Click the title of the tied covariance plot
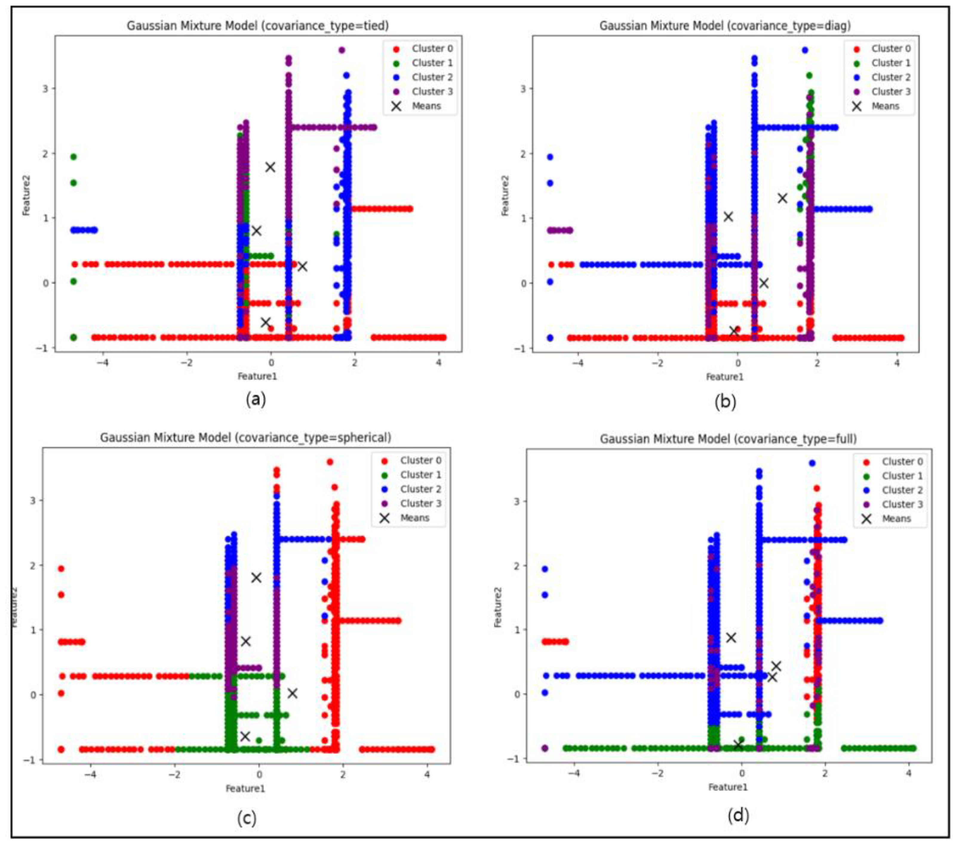pyautogui.click(x=258, y=25)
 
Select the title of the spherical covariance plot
pyautogui.click(x=245, y=438)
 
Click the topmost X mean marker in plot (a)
pyautogui.click(x=270, y=167)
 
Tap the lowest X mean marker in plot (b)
pyautogui.click(x=734, y=331)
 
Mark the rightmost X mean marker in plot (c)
pyautogui.click(x=292, y=693)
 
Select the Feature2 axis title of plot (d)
pyautogui.click(x=498, y=608)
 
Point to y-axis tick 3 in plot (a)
pyautogui.click(x=45, y=89)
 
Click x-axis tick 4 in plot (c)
pyautogui.click(x=427, y=774)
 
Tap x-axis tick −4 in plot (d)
pyautogui.click(x=573, y=773)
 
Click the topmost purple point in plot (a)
pyautogui.click(x=342, y=50)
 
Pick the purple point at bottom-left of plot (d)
pyautogui.click(x=545, y=748)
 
